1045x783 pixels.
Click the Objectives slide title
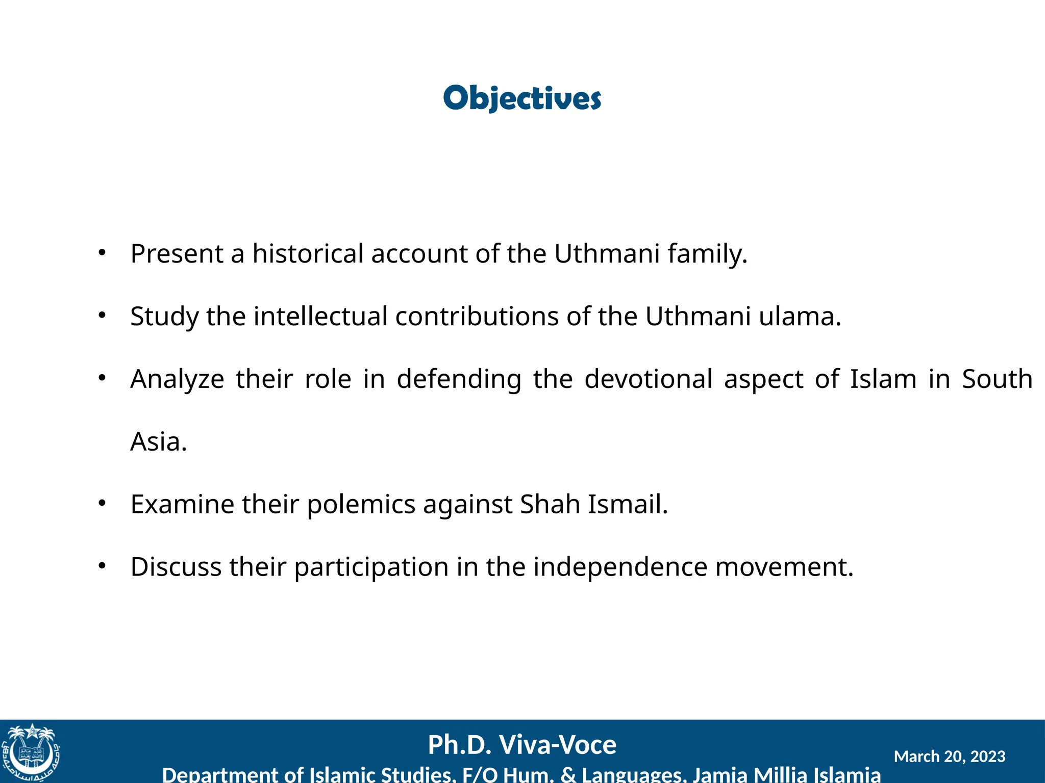tap(522, 98)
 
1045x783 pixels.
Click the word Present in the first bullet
tap(177, 253)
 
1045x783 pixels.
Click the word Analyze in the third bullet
tap(177, 379)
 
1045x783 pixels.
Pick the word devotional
tap(648, 379)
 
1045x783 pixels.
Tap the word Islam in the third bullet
tap(883, 379)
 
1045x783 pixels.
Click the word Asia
tap(158, 441)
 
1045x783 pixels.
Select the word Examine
tap(182, 504)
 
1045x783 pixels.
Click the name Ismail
tap(628, 504)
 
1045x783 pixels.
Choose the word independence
tap(620, 567)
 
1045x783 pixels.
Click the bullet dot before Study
tap(102, 316)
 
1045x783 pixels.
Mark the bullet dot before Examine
tap(102, 504)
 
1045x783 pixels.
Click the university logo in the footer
tap(31, 752)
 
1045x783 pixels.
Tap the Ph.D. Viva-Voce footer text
tap(522, 745)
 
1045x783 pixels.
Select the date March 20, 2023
tap(949, 756)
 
